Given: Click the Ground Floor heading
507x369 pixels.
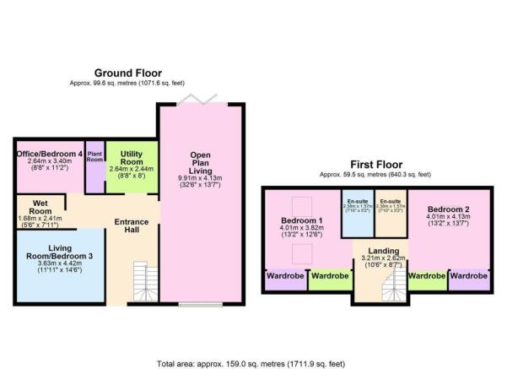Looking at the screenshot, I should tap(127, 73).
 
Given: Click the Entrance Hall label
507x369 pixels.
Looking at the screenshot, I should tap(132, 225).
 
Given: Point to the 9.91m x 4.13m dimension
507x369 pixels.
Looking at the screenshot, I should tap(201, 179).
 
